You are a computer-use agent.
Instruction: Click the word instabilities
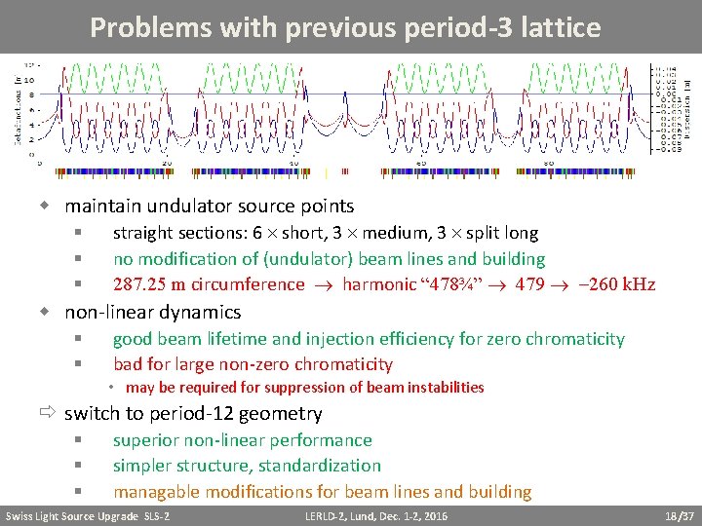pos(440,388)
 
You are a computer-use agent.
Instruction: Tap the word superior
pos(145,440)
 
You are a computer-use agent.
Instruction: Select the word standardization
pos(318,466)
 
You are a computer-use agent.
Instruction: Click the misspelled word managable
pos(156,492)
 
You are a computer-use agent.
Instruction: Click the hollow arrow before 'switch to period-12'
pos(46,413)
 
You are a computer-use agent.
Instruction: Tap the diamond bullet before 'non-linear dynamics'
pos(45,312)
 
